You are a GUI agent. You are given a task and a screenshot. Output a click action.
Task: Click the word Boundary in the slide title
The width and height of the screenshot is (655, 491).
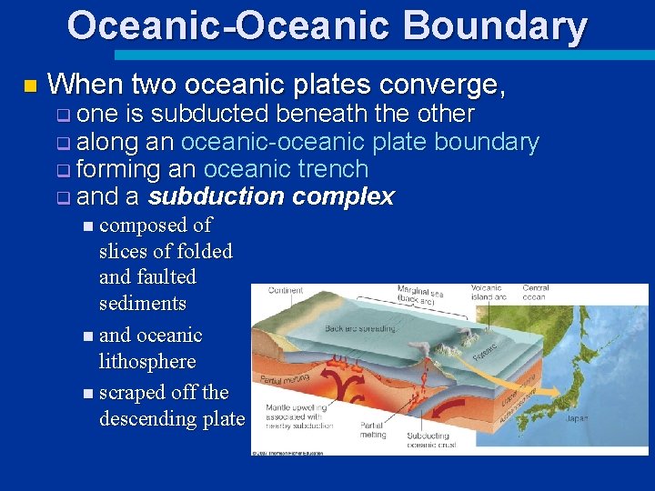point(498,25)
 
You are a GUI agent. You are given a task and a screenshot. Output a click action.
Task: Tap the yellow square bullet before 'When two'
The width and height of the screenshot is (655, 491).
point(30,86)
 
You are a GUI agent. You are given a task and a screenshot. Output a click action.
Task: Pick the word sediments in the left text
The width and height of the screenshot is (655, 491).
point(142,303)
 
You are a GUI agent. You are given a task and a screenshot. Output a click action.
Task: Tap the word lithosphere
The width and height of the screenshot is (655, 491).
point(147,361)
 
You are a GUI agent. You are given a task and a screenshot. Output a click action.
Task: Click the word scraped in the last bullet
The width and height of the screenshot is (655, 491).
point(131,392)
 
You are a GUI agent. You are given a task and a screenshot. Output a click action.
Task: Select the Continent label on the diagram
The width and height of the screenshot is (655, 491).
point(286,291)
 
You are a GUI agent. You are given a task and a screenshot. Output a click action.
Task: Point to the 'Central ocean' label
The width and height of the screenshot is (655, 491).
point(535,292)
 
